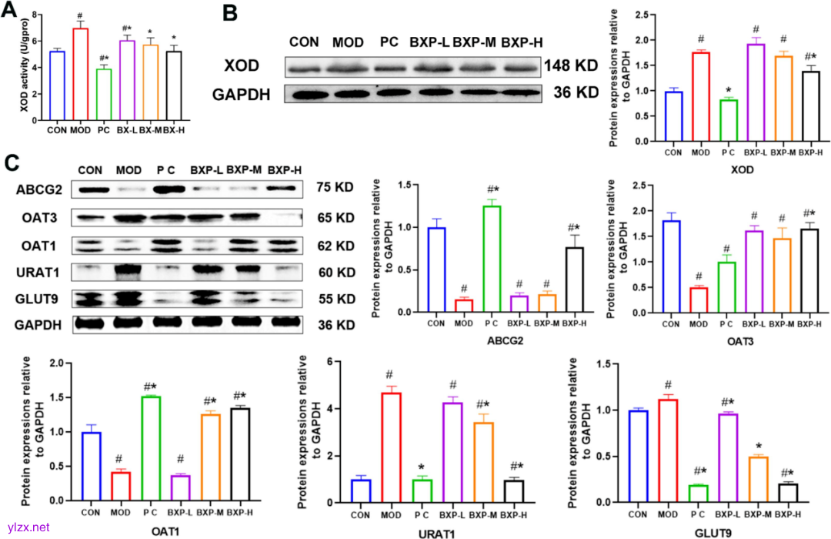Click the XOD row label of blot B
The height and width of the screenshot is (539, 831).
242,67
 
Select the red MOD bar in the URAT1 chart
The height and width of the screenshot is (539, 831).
392,447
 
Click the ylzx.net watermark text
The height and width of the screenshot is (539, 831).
28,527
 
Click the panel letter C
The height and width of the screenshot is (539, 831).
13,162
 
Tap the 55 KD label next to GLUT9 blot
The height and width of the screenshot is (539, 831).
336,299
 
